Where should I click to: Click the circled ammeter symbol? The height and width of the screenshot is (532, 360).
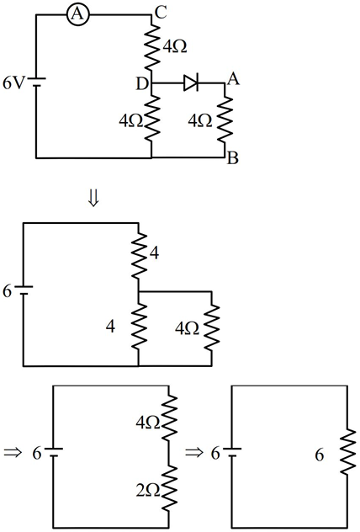[78, 15]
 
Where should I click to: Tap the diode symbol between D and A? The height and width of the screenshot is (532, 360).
[191, 82]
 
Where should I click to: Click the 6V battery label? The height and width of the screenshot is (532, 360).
[13, 83]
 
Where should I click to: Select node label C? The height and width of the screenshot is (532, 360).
[161, 13]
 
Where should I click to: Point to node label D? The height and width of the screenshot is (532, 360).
[142, 84]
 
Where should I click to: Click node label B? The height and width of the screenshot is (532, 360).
[233, 157]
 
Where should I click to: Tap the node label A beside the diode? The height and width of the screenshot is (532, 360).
[234, 79]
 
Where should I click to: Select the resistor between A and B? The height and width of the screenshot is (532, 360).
[225, 120]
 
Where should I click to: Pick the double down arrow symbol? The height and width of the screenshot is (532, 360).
[93, 199]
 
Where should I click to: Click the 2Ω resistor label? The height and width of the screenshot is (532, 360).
[148, 491]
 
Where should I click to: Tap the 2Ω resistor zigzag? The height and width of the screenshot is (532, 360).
[169, 487]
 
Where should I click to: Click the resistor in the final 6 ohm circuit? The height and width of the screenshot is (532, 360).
[347, 452]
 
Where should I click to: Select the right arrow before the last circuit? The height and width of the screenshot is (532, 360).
[194, 452]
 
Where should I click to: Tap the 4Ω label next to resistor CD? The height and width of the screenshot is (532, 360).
[175, 46]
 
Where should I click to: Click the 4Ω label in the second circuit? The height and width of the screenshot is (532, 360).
[187, 328]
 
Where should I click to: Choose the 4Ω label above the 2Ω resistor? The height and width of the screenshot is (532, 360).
[148, 423]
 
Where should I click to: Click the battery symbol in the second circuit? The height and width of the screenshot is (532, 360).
[24, 291]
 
